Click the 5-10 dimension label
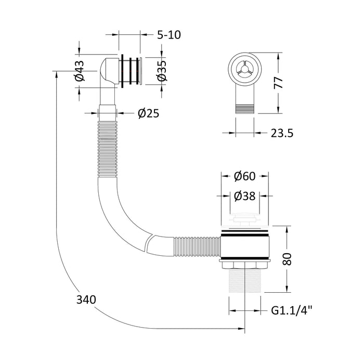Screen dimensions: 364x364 (x=169, y=35)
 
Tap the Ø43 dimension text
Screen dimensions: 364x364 (x=80, y=71)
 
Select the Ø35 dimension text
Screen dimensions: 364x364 (x=162, y=71)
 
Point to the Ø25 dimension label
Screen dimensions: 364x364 (x=149, y=113)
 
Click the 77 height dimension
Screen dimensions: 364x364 (x=278, y=83)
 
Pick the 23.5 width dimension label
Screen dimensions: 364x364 (x=282, y=133)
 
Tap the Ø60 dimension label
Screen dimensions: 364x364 (x=245, y=176)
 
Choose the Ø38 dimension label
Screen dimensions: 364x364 (x=245, y=196)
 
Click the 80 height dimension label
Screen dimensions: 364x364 (x=288, y=259)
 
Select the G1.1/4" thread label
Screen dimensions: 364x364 (x=292, y=310)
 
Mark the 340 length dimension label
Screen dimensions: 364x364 (x=86, y=300)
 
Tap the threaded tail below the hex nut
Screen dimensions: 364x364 (x=245, y=280)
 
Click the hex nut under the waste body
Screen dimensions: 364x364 (x=245, y=264)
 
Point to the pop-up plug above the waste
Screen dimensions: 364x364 (x=245, y=220)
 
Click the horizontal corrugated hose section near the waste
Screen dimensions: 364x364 (x=197, y=246)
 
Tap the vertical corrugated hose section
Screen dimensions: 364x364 (x=107, y=149)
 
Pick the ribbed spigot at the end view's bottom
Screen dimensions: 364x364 (x=245, y=109)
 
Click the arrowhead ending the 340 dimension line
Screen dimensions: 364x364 (x=241, y=329)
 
